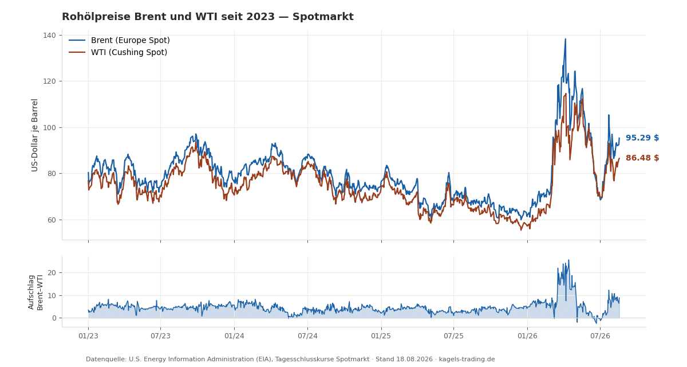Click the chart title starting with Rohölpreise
208,17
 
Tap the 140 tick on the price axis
49,36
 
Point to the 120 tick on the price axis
49,81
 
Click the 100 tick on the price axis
49,127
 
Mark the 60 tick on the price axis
52,220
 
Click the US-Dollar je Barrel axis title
35,135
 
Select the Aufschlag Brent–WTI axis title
35,292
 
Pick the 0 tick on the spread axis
54,318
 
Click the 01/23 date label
88,336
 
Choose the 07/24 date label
307,336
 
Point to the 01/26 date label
527,336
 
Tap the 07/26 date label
600,336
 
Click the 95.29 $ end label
642,138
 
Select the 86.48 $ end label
642,158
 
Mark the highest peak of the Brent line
565,39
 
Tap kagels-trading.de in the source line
467,360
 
